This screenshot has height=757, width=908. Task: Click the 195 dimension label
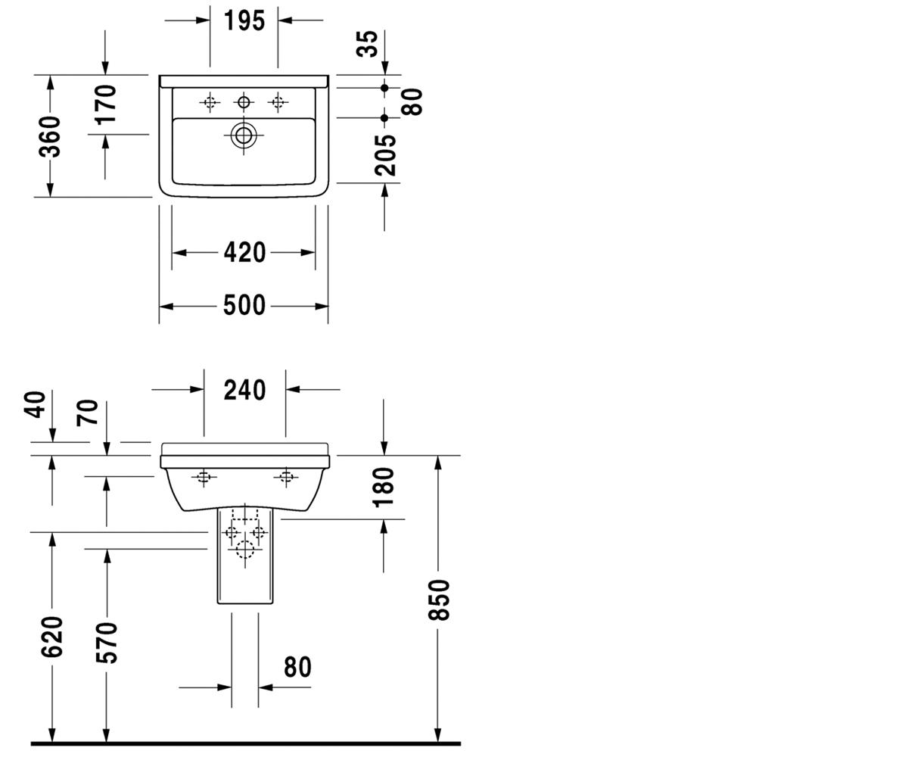[244, 21]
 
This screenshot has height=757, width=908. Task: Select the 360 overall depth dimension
[50, 136]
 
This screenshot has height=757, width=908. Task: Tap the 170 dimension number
[106, 105]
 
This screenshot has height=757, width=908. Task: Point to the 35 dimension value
[367, 43]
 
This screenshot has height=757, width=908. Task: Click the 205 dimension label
[385, 155]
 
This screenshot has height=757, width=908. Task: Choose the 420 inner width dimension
[244, 252]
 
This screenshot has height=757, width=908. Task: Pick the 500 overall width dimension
[244, 305]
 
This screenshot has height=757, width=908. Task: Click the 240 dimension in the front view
[244, 390]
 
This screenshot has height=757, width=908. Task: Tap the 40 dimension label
[35, 404]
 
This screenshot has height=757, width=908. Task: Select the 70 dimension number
[88, 413]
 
